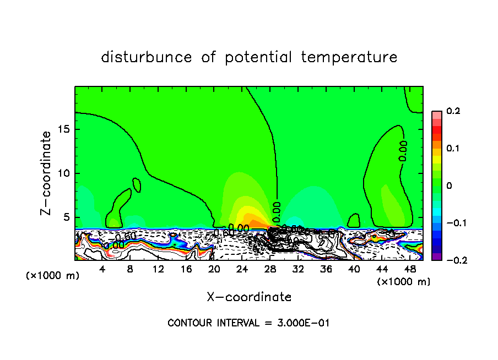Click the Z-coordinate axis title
47,173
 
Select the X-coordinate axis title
249,297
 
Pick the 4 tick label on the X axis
102,269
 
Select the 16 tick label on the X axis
186,269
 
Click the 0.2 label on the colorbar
453,111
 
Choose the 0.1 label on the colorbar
453,149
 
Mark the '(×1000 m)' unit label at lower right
403,281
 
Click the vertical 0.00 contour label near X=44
404,151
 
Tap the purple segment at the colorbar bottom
436,257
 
